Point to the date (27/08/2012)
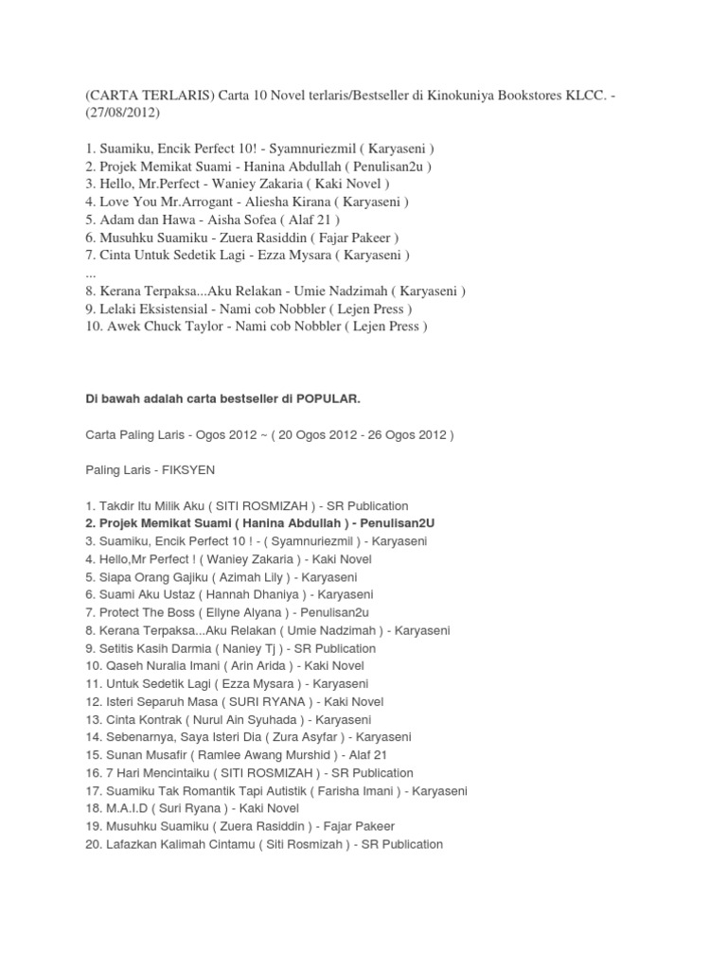coord(123,114)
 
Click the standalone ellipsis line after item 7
coord(91,273)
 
